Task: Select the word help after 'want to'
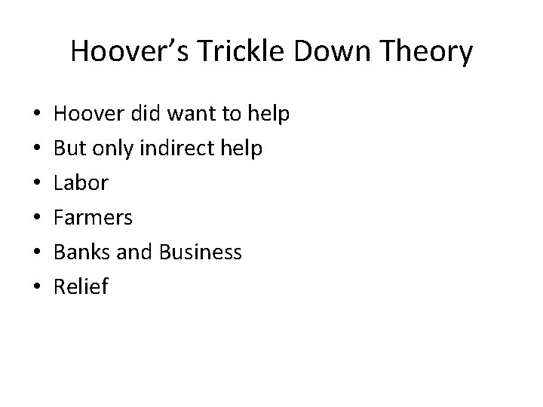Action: coord(269,115)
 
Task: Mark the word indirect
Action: coord(180,149)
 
